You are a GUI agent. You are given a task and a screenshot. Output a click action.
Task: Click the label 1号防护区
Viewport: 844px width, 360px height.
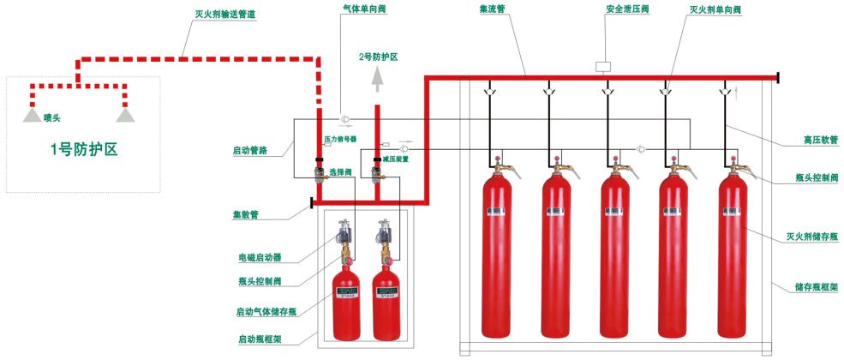point(83,149)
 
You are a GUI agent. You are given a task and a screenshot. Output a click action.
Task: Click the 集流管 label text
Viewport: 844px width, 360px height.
point(494,8)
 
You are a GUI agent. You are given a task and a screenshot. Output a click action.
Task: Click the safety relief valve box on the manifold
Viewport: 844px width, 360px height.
point(603,65)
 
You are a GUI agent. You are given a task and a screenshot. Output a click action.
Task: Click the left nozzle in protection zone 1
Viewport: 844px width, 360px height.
point(30,115)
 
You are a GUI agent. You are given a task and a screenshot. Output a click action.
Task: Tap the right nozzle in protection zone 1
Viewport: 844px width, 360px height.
point(127,115)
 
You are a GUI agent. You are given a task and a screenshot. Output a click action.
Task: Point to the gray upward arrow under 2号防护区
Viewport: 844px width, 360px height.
point(377,80)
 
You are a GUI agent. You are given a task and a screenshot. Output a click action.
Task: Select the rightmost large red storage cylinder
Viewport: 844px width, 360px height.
point(733,257)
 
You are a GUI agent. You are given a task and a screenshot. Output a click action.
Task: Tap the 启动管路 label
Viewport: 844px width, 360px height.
point(249,150)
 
